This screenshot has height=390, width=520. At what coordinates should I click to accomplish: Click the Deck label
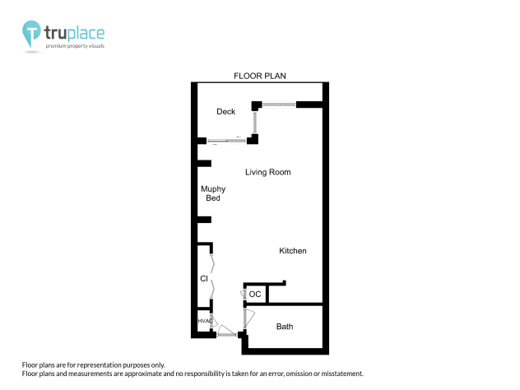225,112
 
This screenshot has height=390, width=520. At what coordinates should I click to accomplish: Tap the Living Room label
268,173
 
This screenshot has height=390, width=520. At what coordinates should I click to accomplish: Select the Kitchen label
293,251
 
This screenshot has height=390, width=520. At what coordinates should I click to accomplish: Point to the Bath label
285,327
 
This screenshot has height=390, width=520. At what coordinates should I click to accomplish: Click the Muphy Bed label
213,193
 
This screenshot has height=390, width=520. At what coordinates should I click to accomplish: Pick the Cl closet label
203,279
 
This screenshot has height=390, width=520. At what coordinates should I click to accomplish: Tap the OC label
255,294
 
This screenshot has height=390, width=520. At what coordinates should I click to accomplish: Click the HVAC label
205,321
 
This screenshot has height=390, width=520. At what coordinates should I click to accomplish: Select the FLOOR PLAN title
260,76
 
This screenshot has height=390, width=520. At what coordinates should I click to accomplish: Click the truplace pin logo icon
31,34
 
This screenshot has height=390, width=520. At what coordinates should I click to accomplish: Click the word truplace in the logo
75,33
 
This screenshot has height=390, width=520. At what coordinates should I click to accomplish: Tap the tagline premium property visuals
75,47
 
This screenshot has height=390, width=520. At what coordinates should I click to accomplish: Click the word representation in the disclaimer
109,364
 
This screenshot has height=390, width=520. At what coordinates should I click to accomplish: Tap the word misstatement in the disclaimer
334,374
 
